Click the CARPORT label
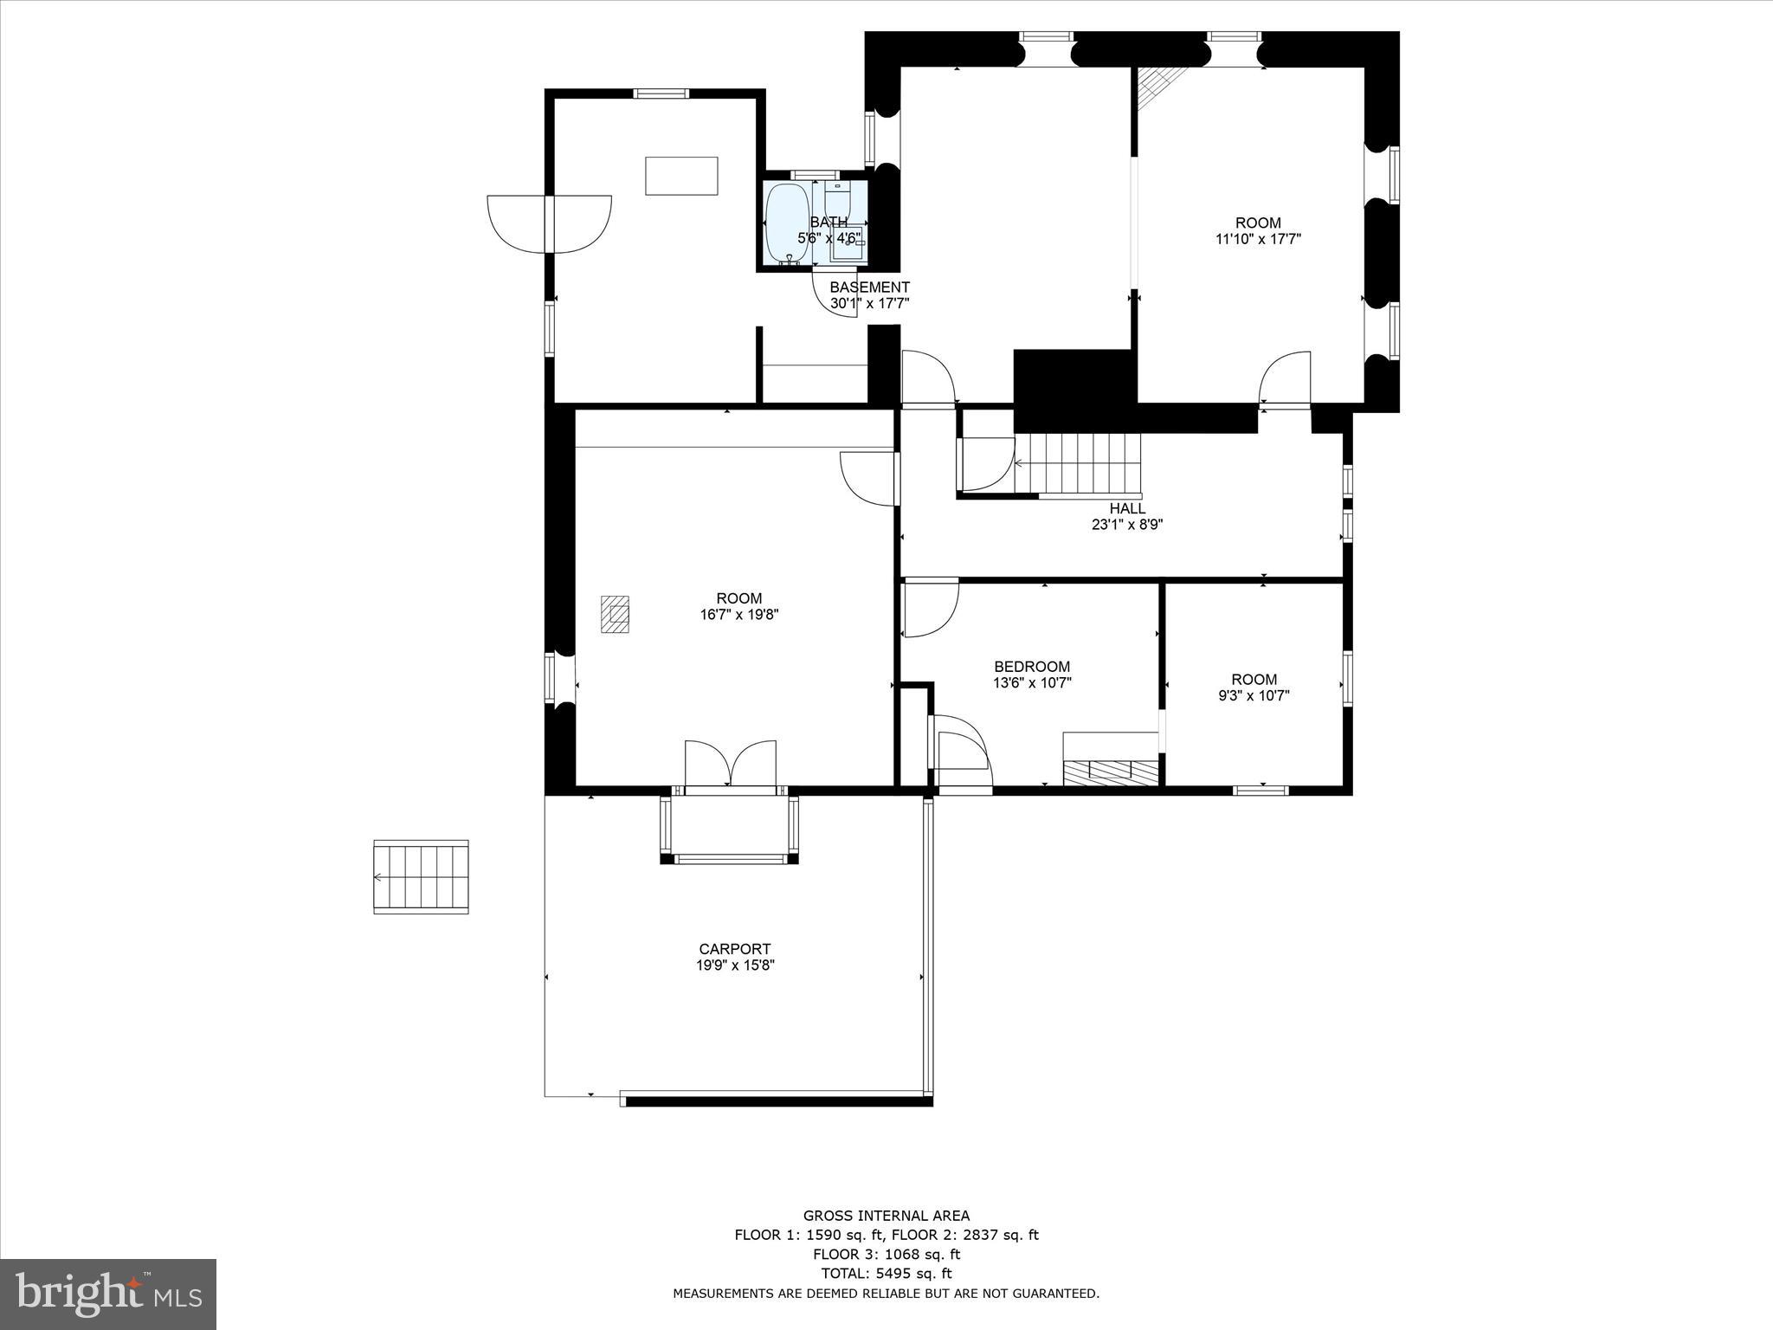point(734,949)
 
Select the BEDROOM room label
point(1032,667)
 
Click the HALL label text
point(1127,509)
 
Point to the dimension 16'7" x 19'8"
point(739,615)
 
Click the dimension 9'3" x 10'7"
point(1254,695)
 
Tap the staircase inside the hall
point(1079,462)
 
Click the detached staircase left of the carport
point(421,876)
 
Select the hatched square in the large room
point(616,615)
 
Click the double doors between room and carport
point(731,764)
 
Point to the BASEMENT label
point(869,287)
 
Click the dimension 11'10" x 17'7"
point(1258,239)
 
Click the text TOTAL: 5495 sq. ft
point(886,1274)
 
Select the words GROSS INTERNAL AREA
point(886,1216)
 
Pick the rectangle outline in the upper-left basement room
point(681,176)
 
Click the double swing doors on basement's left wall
point(550,223)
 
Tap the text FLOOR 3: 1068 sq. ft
point(886,1254)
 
